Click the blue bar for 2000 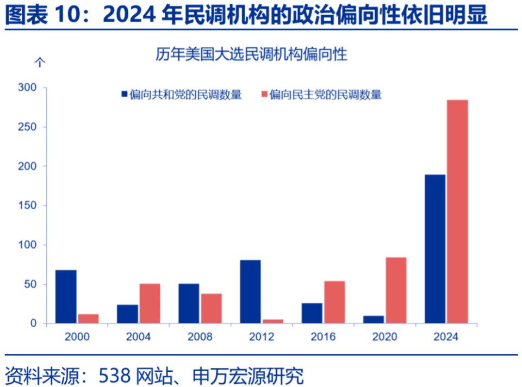[x=66, y=297]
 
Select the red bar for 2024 [x=457, y=212]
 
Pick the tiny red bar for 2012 [x=273, y=321]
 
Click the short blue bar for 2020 [x=374, y=320]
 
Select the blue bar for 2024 [x=435, y=249]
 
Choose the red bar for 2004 [x=150, y=303]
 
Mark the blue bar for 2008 [x=189, y=303]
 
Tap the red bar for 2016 [x=334, y=302]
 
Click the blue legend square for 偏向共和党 [x=124, y=95]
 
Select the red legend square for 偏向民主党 [x=265, y=95]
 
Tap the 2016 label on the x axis [x=323, y=337]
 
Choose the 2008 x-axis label [x=200, y=337]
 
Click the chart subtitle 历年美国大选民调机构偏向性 [x=251, y=54]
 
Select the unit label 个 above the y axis [x=40, y=61]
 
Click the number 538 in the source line [x=115, y=375]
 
